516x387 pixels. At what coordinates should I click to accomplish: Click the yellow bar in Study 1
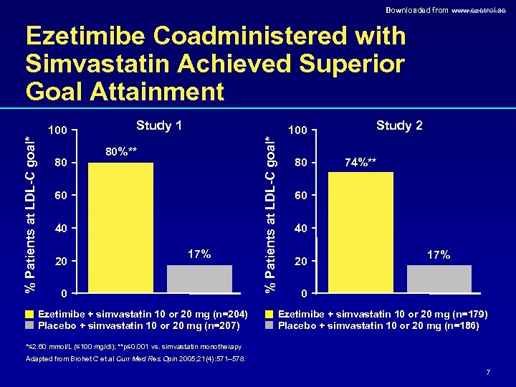[120, 228]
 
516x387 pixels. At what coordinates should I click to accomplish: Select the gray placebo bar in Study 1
[200, 279]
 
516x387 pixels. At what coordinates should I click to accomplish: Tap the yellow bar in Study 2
[360, 232]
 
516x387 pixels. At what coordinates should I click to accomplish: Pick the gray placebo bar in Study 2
[439, 279]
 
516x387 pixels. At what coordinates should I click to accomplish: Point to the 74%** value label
[360, 162]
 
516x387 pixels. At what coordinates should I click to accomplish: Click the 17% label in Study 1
[199, 254]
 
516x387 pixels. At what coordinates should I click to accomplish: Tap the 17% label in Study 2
[439, 254]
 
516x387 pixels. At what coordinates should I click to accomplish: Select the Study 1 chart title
[158, 126]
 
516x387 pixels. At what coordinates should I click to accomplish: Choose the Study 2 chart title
[399, 126]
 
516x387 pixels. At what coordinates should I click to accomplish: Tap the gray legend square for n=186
[269, 326]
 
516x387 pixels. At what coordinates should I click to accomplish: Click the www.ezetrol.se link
[482, 10]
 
